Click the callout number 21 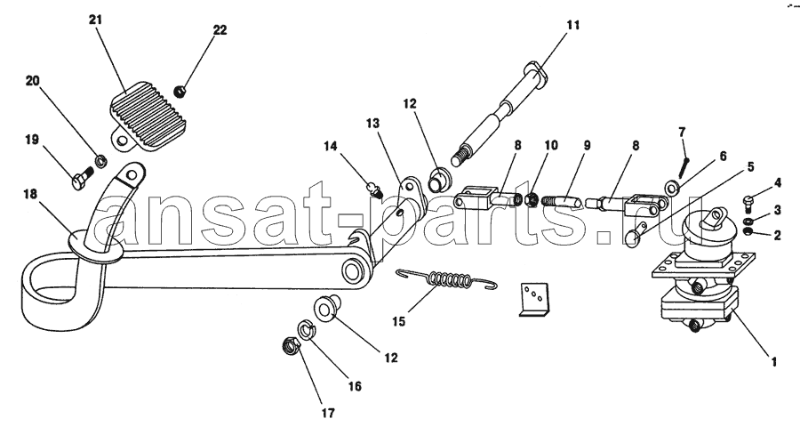click(95, 20)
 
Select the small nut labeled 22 click(180, 92)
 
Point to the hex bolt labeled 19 click(82, 180)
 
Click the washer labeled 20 click(101, 161)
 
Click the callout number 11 click(573, 25)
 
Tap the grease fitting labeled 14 click(374, 189)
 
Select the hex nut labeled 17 click(291, 347)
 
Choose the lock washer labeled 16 click(307, 330)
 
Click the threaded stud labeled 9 click(561, 199)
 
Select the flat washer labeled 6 click(671, 188)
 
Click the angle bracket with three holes click(533, 300)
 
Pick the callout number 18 click(30, 195)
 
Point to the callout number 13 click(373, 123)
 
